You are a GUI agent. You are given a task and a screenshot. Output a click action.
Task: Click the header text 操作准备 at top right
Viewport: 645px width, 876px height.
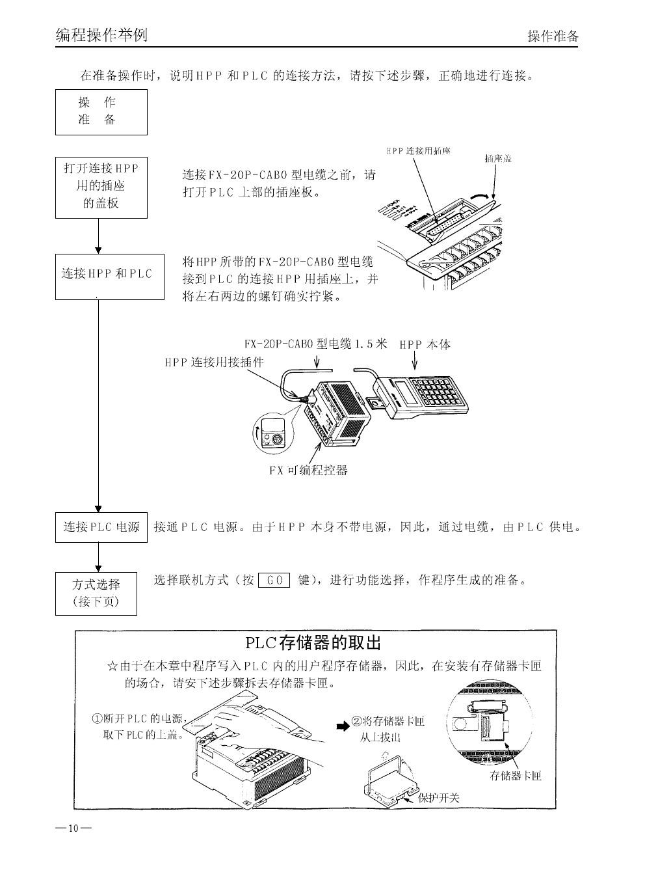pyautogui.click(x=552, y=36)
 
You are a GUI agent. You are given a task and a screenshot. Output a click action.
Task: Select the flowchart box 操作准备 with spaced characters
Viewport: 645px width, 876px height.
pyautogui.click(x=101, y=111)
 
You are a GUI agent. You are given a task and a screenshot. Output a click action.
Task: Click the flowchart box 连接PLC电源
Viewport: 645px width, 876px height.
pyautogui.click(x=101, y=527)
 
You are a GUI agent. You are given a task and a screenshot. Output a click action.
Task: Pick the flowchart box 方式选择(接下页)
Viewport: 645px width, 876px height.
pyautogui.click(x=96, y=592)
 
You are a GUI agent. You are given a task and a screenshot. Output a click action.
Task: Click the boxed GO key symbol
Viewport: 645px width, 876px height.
pyautogui.click(x=274, y=580)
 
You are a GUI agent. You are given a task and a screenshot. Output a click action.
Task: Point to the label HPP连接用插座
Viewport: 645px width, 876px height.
pyautogui.click(x=418, y=151)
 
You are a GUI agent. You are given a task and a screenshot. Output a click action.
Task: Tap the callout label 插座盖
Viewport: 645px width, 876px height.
pyautogui.click(x=498, y=158)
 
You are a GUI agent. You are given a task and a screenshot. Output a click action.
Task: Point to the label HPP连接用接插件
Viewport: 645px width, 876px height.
pyautogui.click(x=214, y=362)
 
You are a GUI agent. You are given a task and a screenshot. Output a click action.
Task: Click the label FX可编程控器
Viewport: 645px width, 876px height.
pyautogui.click(x=308, y=470)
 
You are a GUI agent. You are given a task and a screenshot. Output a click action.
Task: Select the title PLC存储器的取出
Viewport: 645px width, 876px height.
pyautogui.click(x=312, y=643)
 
